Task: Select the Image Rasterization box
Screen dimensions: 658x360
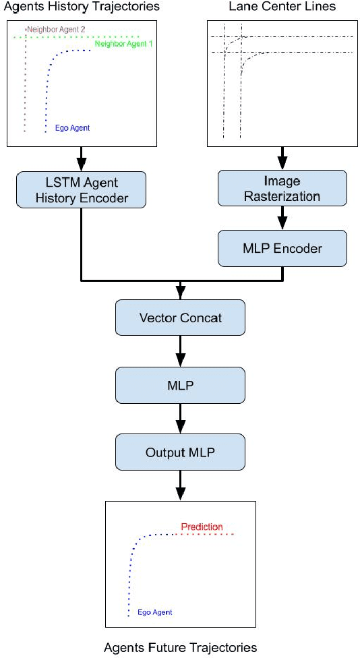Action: pos(282,189)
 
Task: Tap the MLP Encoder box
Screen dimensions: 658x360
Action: pos(282,248)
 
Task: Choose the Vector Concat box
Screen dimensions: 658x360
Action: pos(180,318)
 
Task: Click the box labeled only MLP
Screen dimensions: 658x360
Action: pos(180,385)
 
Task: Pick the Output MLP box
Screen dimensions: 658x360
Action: pos(180,452)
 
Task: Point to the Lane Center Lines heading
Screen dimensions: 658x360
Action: pos(282,7)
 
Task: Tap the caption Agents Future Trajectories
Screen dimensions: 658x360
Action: pos(180,648)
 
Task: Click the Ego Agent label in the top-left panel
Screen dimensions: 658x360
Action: pos(73,127)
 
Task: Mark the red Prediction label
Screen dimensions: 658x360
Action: pos(202,527)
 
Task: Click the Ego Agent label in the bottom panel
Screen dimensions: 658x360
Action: pos(154,612)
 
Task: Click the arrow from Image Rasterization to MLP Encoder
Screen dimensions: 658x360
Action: pos(282,219)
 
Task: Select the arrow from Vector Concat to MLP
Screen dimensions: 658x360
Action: pos(180,351)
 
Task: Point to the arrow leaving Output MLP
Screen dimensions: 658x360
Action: pos(180,486)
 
